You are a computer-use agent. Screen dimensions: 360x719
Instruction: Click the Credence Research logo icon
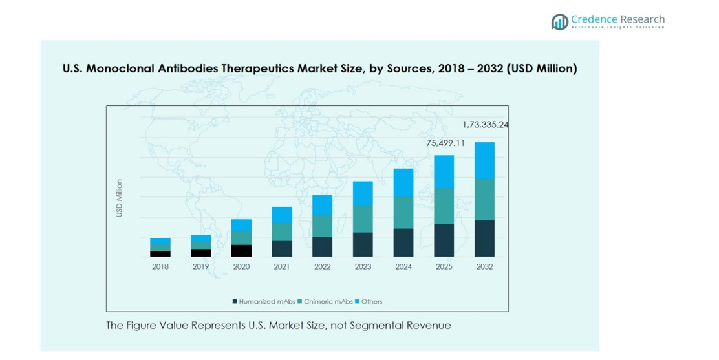pos(559,21)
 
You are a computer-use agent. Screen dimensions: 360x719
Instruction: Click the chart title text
pos(319,69)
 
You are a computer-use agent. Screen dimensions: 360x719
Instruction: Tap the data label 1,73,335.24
pos(485,125)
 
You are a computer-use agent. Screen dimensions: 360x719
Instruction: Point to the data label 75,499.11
pos(445,143)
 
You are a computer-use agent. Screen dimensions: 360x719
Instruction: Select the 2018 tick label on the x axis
pos(160,266)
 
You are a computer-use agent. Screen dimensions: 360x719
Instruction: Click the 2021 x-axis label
pos(282,266)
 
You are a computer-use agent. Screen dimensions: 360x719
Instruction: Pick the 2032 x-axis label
pos(484,266)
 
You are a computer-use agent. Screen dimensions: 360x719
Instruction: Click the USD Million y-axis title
pos(119,198)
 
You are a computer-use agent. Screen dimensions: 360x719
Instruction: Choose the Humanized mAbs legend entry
pos(264,301)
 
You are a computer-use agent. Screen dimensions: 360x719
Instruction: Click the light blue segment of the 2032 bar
pos(484,160)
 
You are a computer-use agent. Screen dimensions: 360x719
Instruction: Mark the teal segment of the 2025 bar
pos(444,206)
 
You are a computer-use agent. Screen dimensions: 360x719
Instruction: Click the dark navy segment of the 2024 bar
pos(403,242)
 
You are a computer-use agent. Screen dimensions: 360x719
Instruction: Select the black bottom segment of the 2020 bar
pos(241,251)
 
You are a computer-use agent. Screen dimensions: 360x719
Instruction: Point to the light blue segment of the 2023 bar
pos(363,193)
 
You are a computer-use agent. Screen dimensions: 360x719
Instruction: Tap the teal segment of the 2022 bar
pos(322,226)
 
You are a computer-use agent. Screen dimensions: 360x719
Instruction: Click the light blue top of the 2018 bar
pos(160,241)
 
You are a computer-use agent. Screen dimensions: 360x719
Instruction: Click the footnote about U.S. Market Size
pos(279,325)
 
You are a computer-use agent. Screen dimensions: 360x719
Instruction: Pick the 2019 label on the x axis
pos(200,266)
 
